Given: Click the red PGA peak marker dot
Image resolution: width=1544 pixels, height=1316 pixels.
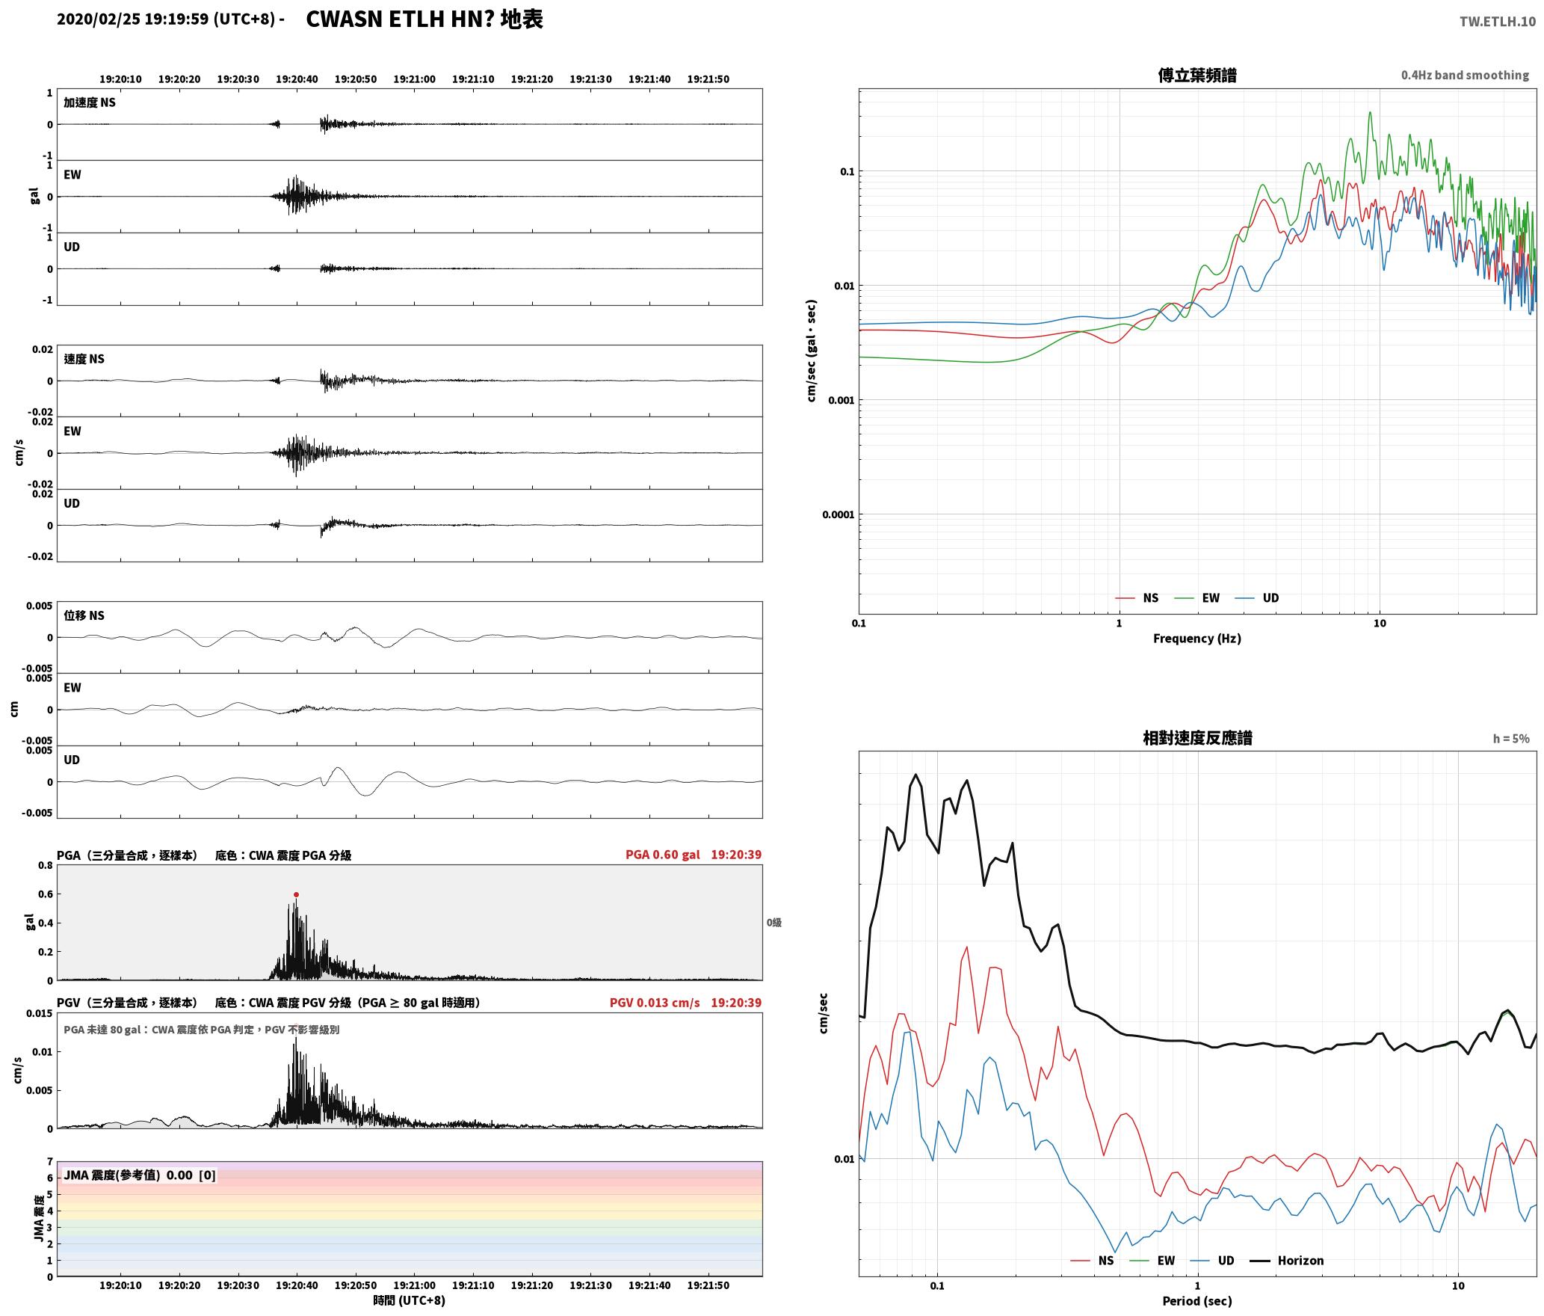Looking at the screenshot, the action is pyautogui.click(x=296, y=894).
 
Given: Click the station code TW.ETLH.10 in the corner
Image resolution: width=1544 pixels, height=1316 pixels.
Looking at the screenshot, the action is pyautogui.click(x=1498, y=21).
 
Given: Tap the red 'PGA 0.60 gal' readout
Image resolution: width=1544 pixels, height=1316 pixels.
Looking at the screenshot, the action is pyautogui.click(x=663, y=855).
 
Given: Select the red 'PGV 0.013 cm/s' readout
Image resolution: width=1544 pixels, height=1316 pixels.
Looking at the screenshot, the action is pyautogui.click(x=655, y=1003).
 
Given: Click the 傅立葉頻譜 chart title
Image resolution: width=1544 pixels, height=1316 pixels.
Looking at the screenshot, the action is pyautogui.click(x=1197, y=75).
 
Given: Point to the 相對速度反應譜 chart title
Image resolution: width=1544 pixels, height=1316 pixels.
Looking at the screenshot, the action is pyautogui.click(x=1197, y=738).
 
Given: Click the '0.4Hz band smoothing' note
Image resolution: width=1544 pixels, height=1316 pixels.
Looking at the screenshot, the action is pyautogui.click(x=1465, y=75).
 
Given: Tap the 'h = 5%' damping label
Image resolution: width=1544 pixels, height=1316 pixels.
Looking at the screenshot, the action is pyautogui.click(x=1511, y=739).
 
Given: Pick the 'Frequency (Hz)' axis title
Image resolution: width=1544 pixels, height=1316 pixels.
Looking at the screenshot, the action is pyautogui.click(x=1197, y=639).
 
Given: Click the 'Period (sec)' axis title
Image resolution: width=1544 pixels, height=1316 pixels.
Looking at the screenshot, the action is pyautogui.click(x=1197, y=1301).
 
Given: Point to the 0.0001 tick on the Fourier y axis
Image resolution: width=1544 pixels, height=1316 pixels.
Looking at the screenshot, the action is pyautogui.click(x=838, y=514).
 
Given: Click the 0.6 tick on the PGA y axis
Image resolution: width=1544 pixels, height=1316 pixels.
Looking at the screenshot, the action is pyautogui.click(x=46, y=894).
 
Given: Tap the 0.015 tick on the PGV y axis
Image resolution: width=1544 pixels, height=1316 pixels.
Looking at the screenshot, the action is pyautogui.click(x=39, y=1013).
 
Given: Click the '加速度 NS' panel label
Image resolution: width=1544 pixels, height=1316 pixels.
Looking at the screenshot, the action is pyautogui.click(x=90, y=102).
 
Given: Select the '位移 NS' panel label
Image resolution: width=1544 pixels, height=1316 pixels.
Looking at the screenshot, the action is pyautogui.click(x=84, y=615).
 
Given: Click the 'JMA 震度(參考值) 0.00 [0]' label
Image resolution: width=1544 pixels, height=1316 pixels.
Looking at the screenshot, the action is pyautogui.click(x=140, y=1175).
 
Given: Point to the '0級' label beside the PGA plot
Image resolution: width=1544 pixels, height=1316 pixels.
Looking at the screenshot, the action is pyautogui.click(x=773, y=923).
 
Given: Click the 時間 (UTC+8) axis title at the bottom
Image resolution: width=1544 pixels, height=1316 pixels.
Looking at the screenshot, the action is pyautogui.click(x=410, y=1300).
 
